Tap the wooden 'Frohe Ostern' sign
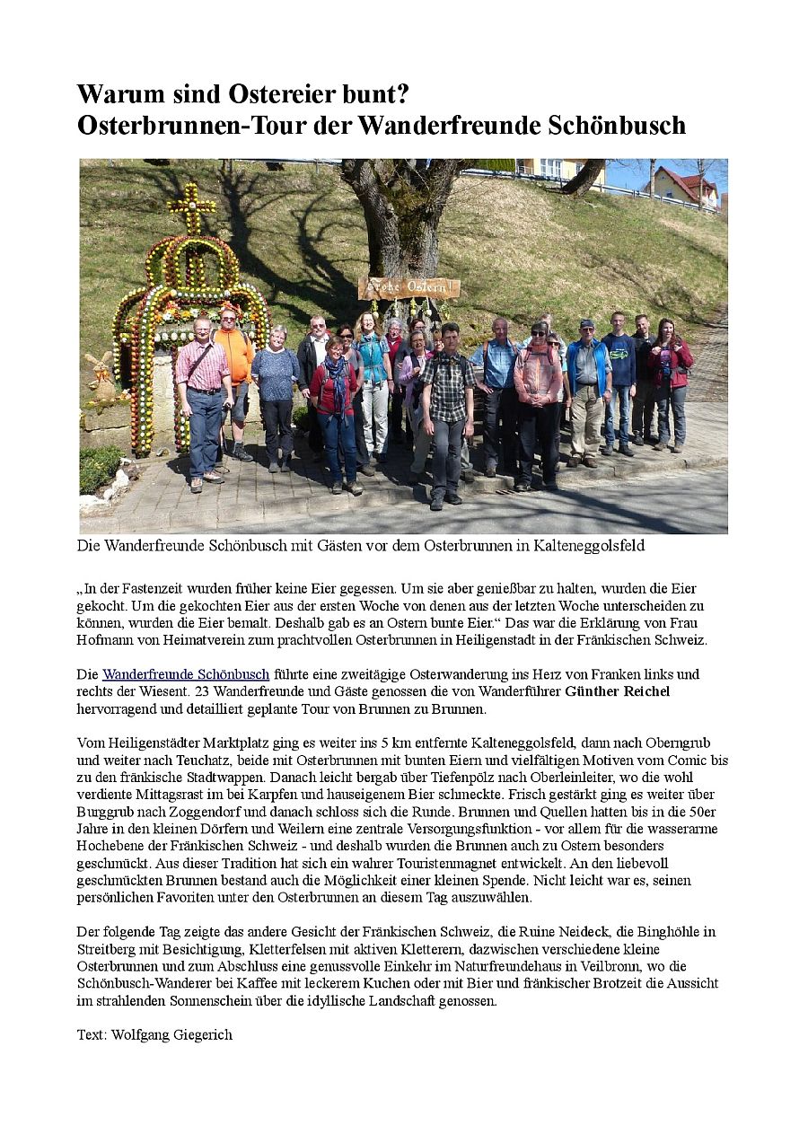tap(408, 287)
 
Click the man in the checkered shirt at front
tap(447, 404)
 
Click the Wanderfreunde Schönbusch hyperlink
tap(186, 674)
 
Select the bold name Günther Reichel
tap(617, 691)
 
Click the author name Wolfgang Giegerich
tap(171, 1034)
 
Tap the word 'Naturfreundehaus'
tap(543, 966)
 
